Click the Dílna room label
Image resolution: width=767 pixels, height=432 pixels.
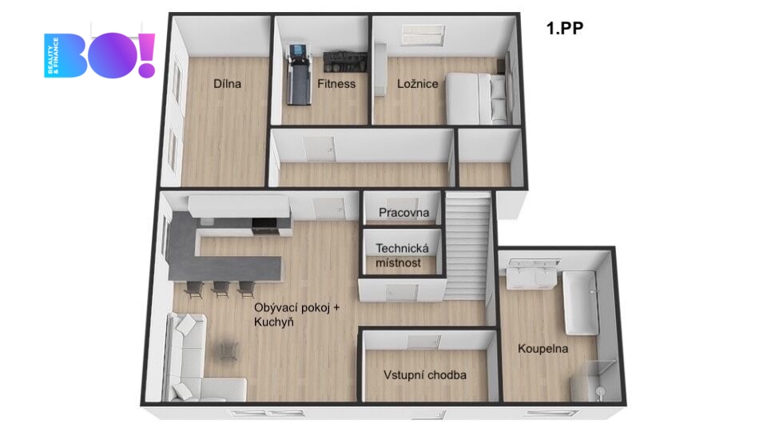[227, 84]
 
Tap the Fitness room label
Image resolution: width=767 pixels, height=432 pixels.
[336, 84]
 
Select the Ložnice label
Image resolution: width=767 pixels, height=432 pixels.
[417, 84]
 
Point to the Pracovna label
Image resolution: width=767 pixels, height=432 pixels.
[403, 213]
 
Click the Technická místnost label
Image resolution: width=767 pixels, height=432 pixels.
[402, 255]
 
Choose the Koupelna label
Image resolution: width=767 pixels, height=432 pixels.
[543, 349]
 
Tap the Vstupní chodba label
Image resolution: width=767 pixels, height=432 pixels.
[424, 375]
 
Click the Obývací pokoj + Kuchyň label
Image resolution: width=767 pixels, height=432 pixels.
[296, 314]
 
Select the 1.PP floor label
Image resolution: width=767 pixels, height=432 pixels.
[565, 28]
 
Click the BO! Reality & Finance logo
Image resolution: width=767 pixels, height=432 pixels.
[99, 55]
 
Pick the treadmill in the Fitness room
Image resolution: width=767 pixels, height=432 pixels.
[298, 74]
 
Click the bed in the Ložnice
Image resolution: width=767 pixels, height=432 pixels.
[476, 98]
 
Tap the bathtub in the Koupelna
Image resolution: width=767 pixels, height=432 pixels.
[581, 302]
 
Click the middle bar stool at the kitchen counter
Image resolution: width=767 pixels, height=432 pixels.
[220, 290]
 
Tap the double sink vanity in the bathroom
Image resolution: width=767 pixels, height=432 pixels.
[532, 274]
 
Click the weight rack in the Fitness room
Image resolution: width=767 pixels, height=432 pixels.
[344, 62]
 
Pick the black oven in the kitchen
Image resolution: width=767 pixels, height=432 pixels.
[265, 226]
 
